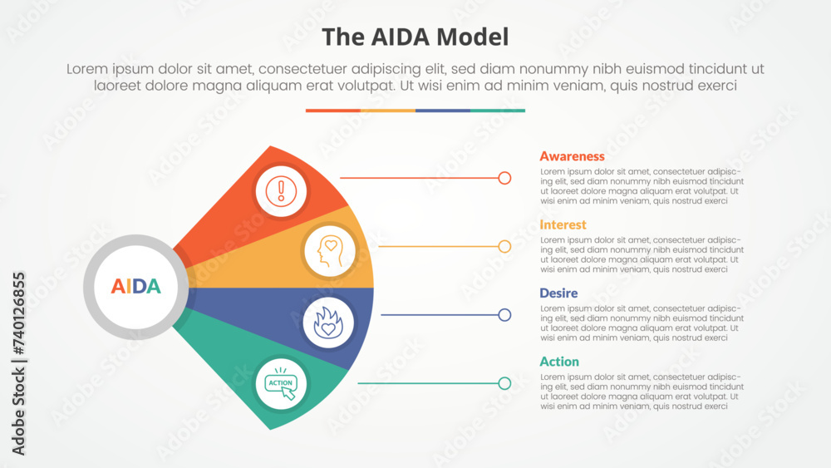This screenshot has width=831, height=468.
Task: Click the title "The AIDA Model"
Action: (x=415, y=37)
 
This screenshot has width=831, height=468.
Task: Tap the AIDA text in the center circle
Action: (x=135, y=287)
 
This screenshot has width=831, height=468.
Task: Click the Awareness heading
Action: (x=572, y=156)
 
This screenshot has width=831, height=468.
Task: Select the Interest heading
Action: (x=563, y=224)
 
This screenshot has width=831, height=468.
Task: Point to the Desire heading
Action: (x=558, y=293)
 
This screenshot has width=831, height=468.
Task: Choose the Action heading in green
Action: (x=559, y=362)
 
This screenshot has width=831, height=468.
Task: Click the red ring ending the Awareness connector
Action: (x=504, y=178)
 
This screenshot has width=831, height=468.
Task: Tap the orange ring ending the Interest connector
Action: (x=504, y=246)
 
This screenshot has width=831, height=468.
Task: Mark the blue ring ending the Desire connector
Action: (x=504, y=315)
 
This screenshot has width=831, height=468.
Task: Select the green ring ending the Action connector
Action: (x=504, y=383)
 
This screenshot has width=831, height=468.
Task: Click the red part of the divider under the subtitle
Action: (x=332, y=110)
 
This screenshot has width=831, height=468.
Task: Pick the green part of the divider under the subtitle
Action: (x=498, y=110)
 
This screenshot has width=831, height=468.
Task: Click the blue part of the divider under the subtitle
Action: (x=443, y=110)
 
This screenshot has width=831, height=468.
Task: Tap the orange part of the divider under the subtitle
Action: (x=388, y=110)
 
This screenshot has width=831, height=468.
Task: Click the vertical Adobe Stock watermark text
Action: (x=18, y=362)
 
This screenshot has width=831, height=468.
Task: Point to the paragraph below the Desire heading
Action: (x=642, y=323)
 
